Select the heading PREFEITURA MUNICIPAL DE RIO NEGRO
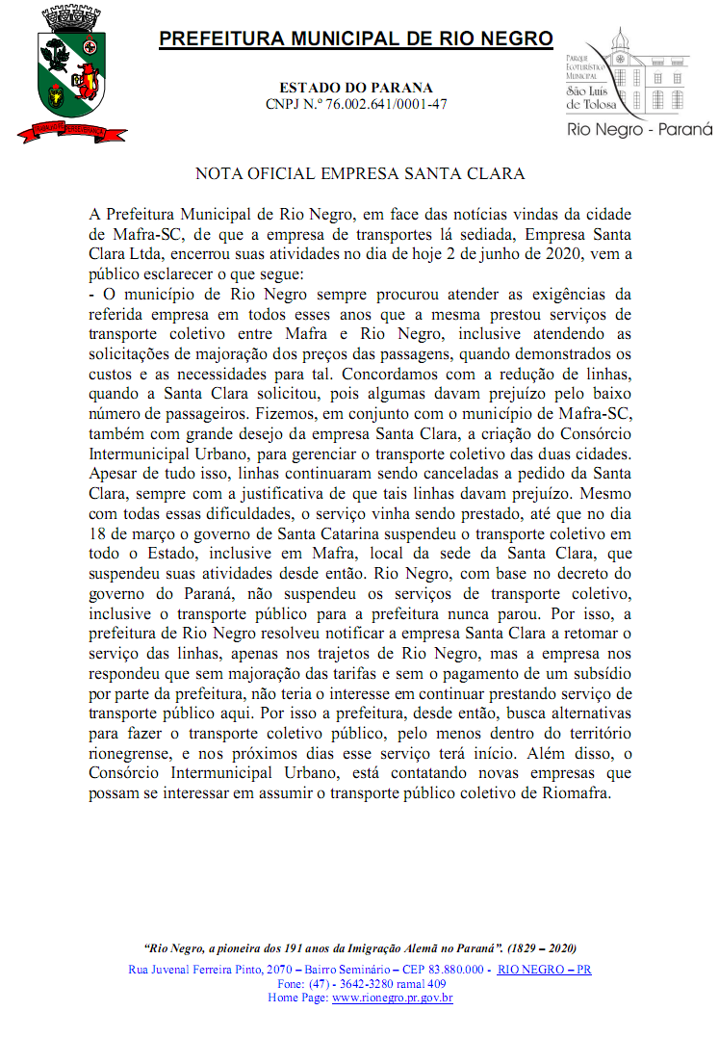click(356, 39)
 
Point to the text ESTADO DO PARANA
click(356, 88)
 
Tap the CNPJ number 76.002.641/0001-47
click(390, 104)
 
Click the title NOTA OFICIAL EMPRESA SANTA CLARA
click(360, 174)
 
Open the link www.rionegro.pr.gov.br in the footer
click(393, 998)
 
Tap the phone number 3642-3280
click(365, 984)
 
